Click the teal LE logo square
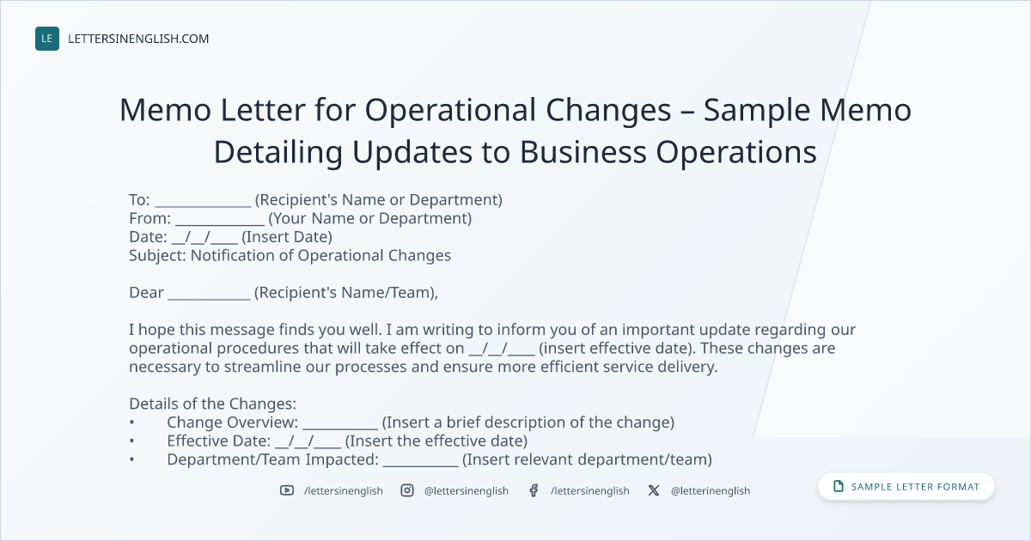(x=47, y=39)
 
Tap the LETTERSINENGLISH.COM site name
(x=138, y=39)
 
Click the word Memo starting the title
(x=165, y=110)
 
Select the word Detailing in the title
(x=278, y=153)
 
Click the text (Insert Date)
(x=287, y=237)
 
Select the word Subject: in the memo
(x=157, y=256)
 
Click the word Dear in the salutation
(x=146, y=293)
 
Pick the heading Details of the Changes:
(x=213, y=404)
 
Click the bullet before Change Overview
(x=131, y=422)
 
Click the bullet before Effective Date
(x=131, y=441)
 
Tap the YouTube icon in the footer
(x=287, y=490)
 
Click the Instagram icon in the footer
(x=407, y=490)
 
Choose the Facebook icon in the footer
(x=534, y=490)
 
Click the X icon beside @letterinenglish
(x=654, y=490)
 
